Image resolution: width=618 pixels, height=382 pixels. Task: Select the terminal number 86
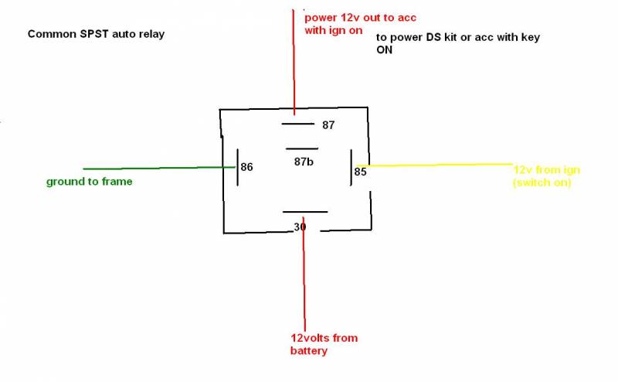pyautogui.click(x=247, y=167)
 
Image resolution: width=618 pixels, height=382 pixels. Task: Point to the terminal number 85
pyautogui.click(x=361, y=172)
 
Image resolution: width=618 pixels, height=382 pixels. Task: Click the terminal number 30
pyautogui.click(x=300, y=227)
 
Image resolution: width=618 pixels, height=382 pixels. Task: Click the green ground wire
pyautogui.click(x=154, y=168)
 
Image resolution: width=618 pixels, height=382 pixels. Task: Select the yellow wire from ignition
pyautogui.click(x=440, y=164)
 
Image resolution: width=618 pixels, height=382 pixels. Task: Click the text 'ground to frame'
pyautogui.click(x=89, y=182)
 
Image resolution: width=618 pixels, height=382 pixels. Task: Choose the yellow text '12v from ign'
pyautogui.click(x=547, y=169)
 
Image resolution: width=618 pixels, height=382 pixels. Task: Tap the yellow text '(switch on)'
pyautogui.click(x=540, y=182)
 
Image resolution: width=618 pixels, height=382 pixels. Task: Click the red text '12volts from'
pyautogui.click(x=324, y=338)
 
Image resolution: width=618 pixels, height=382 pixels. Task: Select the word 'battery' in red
pyautogui.click(x=309, y=351)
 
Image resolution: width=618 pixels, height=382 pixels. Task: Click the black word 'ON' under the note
pyautogui.click(x=385, y=50)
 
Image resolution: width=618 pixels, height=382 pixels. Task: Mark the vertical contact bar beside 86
pyautogui.click(x=237, y=167)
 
